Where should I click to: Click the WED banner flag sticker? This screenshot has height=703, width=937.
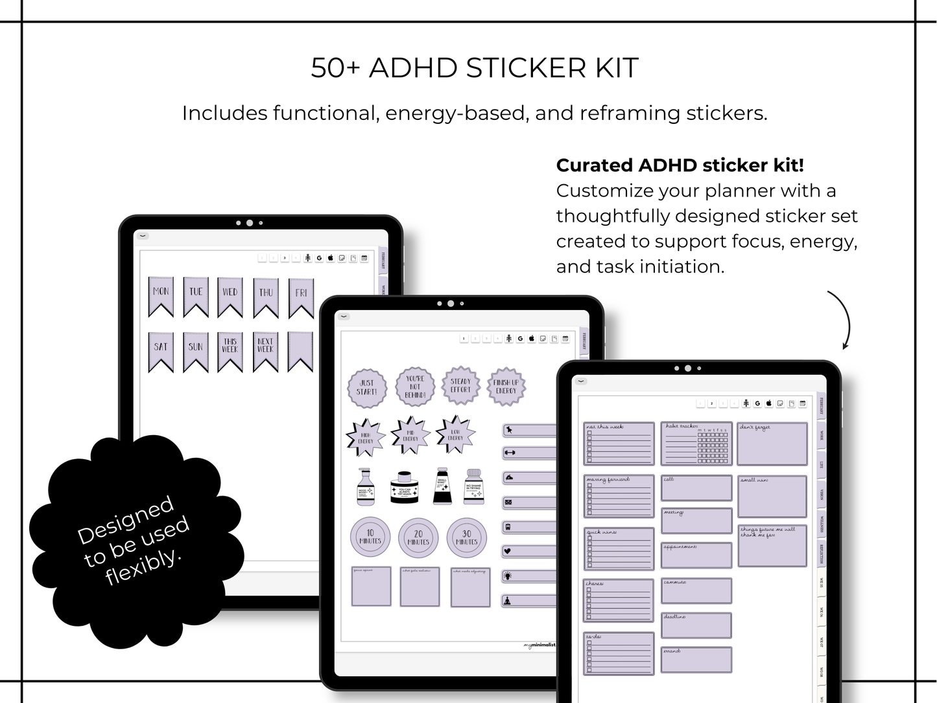pos(230,296)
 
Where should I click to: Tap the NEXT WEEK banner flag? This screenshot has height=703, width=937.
pos(265,351)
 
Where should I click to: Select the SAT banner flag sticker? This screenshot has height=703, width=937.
pos(161,351)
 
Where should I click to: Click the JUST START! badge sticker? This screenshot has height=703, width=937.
pos(367,388)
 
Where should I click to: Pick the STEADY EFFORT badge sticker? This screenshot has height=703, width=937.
pos(460,386)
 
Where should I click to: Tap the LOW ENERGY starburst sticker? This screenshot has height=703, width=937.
pos(455,435)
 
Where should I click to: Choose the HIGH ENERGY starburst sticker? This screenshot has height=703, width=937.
pos(366,438)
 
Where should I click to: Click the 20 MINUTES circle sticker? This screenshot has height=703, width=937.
pos(418,538)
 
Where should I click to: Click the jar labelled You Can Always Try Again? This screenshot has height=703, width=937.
pos(405,488)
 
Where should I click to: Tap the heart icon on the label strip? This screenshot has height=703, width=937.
pos(508,551)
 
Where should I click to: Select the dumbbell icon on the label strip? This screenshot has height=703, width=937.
pos(509,453)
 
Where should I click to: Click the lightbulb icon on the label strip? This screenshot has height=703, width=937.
pos(508,576)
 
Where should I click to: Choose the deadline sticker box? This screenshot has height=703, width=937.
pos(696,625)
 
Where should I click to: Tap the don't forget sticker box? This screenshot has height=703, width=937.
pos(772,444)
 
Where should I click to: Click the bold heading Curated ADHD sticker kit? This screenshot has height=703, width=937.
pos(680,165)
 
